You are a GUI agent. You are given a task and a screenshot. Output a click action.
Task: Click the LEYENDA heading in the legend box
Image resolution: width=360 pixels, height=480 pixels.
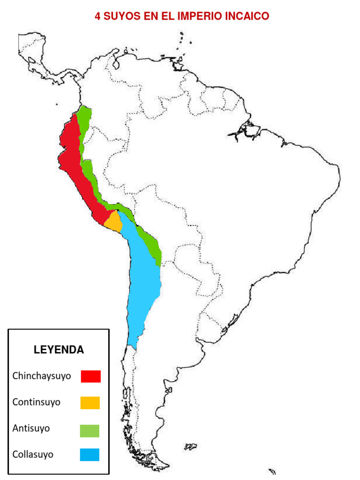coord(59,350)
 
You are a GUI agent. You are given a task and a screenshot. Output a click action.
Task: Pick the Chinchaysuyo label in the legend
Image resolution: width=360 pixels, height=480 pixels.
coord(42,376)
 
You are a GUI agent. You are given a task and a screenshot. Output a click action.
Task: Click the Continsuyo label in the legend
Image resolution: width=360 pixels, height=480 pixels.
coord(37,402)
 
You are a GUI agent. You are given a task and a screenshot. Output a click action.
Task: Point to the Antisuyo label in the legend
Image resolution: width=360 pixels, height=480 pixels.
coord(31,428)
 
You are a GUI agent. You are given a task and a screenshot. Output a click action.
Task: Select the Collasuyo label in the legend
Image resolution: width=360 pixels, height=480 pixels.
coord(33,454)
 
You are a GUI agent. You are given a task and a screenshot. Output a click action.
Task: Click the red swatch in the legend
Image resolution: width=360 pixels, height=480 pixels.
coord(90,376)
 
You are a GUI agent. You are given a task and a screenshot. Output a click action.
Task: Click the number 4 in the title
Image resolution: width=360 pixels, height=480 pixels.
coord(97,16)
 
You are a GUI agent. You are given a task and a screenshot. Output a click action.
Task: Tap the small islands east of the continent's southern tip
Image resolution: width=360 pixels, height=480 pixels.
coord(190,446)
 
